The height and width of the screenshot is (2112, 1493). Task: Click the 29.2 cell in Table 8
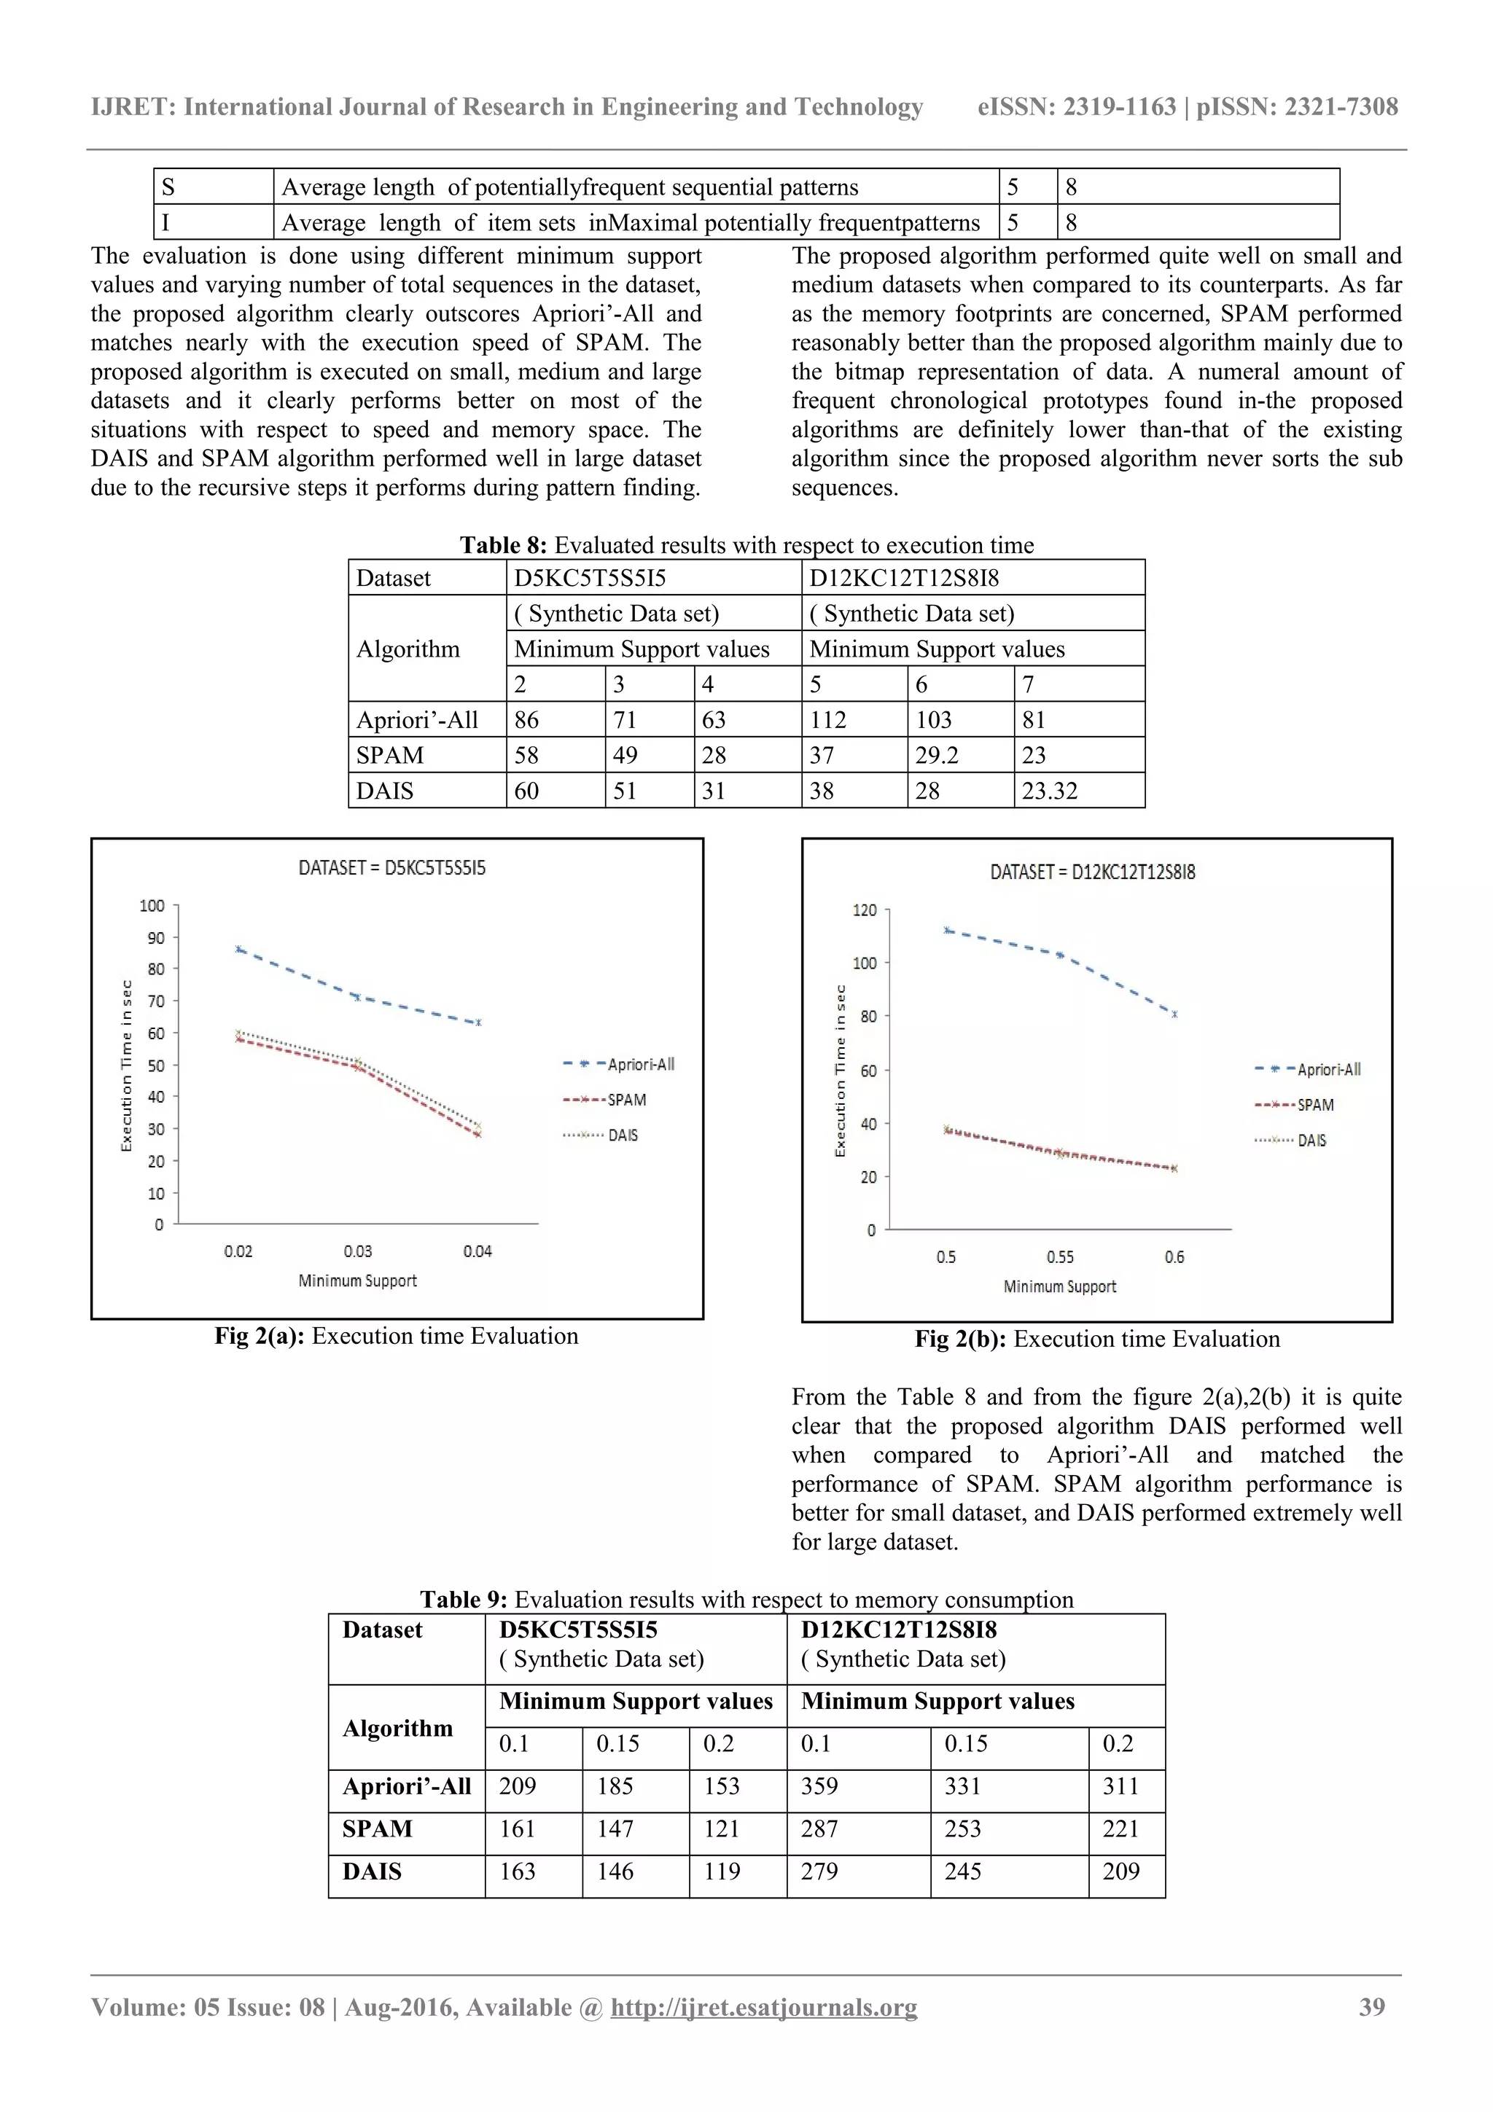pos(937,755)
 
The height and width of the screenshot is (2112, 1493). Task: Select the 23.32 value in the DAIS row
pos(1049,791)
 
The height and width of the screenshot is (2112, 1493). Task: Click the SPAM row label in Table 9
pos(377,1829)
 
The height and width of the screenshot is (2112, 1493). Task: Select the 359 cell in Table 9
pos(819,1786)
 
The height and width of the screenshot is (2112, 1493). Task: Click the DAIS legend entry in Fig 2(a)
pos(622,1135)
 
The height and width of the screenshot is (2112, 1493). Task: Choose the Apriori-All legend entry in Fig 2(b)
pos(1328,1070)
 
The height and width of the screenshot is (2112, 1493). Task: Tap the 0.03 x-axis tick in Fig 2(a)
pos(358,1251)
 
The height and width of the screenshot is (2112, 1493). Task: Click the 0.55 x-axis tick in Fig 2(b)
pos(1060,1256)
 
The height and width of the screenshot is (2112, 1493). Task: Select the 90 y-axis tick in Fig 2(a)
pos(155,938)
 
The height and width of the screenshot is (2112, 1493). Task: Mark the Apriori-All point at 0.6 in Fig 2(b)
pos(1174,1014)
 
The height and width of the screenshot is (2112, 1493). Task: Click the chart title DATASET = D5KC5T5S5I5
pos(392,867)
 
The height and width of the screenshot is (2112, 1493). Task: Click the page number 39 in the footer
pos(1371,2007)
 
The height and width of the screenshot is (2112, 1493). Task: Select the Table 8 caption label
pos(503,545)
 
